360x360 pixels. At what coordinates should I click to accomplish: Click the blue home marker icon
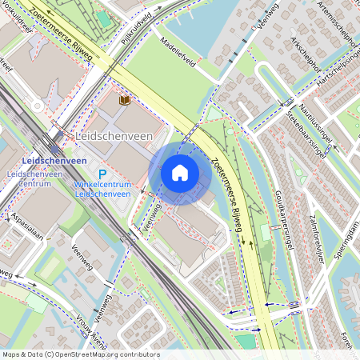click(x=180, y=172)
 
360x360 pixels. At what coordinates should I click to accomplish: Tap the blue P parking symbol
click(x=102, y=174)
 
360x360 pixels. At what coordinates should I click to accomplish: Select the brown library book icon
click(x=124, y=100)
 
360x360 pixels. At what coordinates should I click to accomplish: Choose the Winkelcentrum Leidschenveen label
click(x=102, y=189)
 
